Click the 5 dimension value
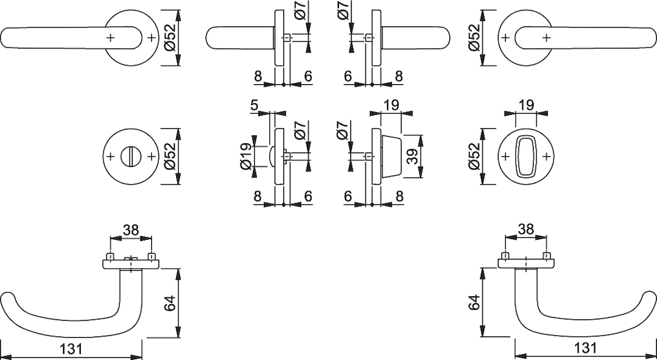click(254, 105)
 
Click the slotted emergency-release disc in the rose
click(130, 156)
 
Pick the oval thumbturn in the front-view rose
click(526, 156)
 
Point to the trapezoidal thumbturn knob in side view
click(392, 156)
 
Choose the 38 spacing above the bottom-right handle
click(526, 229)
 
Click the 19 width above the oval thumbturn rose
click(526, 105)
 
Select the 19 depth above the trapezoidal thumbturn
click(391, 105)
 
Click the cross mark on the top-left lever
click(110, 37)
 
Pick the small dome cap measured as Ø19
click(271, 156)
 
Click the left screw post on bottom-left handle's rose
click(110, 256)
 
